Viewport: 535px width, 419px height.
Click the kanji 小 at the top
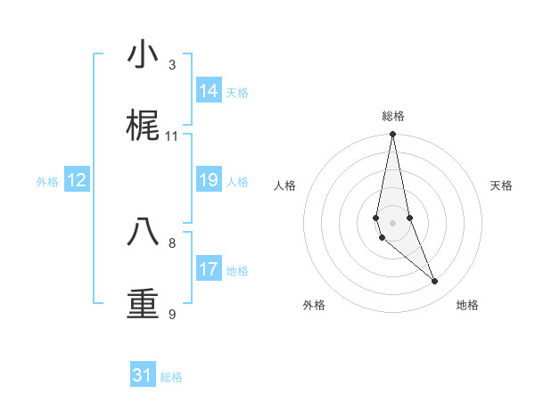pos(143,55)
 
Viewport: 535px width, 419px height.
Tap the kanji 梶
pos(143,127)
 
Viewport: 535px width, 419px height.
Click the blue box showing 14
pos(209,91)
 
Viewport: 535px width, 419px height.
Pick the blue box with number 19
pos(209,180)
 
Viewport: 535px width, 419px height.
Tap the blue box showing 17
pos(209,269)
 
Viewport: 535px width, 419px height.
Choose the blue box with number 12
pos(77,180)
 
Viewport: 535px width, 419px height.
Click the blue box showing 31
pos(143,375)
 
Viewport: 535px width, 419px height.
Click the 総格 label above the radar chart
pos(393,116)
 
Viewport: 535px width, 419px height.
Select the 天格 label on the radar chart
pos(501,185)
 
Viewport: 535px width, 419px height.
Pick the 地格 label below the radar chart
pos(467,305)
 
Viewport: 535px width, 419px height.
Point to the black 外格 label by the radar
pos(314,305)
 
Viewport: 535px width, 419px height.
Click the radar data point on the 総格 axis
pos(392,135)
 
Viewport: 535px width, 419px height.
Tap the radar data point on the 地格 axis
pos(435,282)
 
